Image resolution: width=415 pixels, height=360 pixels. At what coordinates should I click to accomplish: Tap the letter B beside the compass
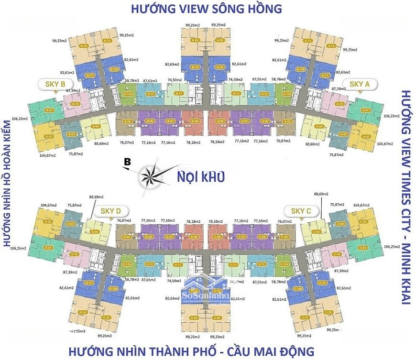127,163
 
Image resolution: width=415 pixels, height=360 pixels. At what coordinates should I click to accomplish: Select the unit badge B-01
36,110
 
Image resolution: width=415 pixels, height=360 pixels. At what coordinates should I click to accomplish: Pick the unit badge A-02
367,137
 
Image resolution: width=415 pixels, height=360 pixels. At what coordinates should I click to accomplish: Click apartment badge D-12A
127,264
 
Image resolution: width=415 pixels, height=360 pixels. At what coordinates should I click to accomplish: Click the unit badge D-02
48,221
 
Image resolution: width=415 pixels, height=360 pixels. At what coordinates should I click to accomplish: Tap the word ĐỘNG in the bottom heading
290,351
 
